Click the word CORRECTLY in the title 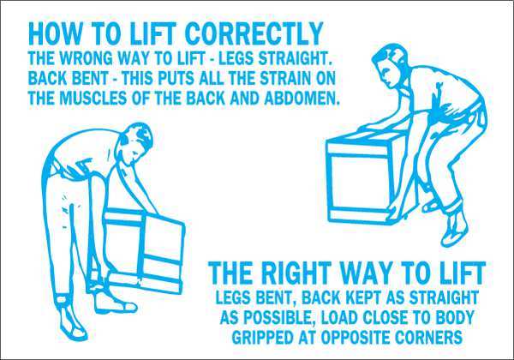[x=254, y=33]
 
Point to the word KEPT [x=362, y=297]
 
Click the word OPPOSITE [x=352, y=337]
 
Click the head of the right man [x=389, y=66]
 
